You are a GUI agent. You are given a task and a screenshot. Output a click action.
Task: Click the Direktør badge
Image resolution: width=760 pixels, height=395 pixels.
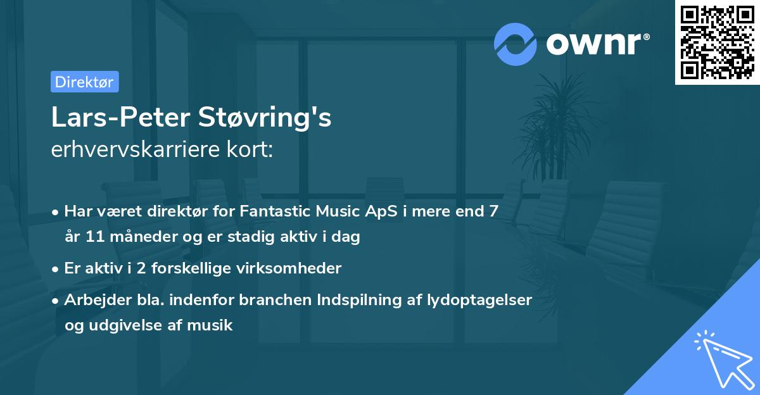84,82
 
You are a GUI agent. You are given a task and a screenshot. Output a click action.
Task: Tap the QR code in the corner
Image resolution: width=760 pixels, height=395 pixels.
718,42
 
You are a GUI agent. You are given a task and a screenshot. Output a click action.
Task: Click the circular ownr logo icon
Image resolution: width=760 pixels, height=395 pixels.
516,44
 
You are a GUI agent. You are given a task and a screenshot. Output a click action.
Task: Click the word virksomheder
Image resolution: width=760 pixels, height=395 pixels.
298,268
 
